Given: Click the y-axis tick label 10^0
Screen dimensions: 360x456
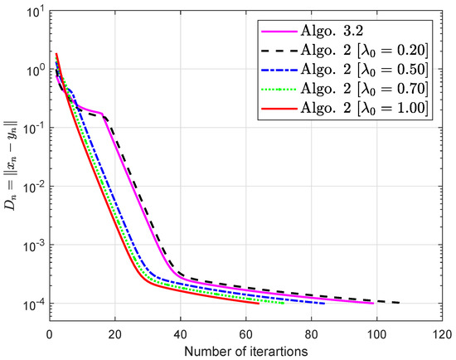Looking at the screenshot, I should (33, 72).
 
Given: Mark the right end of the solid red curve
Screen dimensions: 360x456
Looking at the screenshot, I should (259, 303).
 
